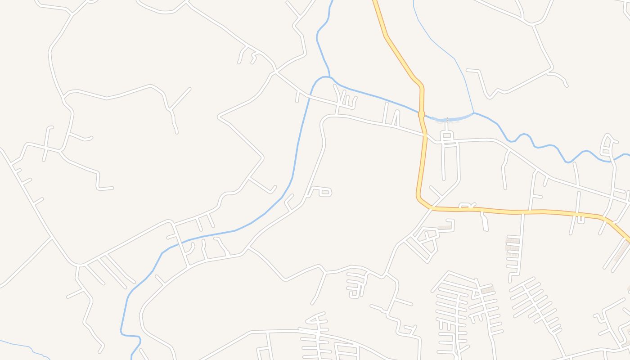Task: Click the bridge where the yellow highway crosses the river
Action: coord(422,114)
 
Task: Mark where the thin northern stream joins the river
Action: coord(473,113)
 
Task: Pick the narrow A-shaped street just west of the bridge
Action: coord(396,118)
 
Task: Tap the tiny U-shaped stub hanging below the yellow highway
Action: coord(581,219)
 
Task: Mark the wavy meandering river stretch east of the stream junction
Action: coord(540,144)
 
